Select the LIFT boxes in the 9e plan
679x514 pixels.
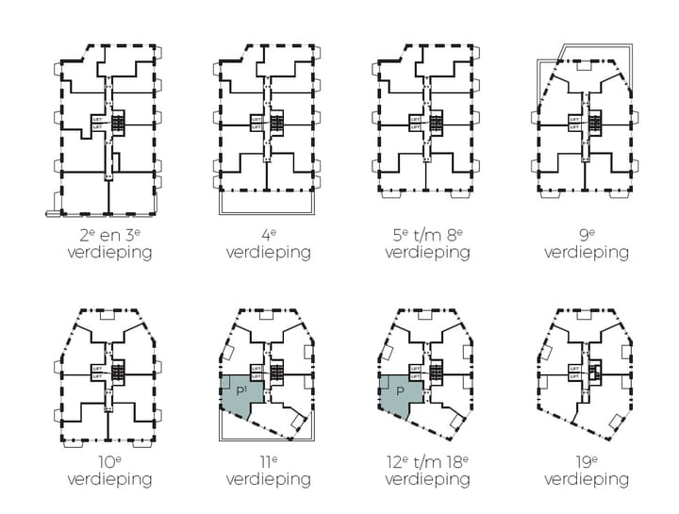click(x=573, y=124)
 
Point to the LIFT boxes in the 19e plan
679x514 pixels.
click(x=573, y=373)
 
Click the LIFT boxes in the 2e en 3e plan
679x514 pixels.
click(x=97, y=124)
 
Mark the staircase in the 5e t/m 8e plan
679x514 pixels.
click(x=437, y=124)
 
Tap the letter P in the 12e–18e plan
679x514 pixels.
click(x=400, y=390)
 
